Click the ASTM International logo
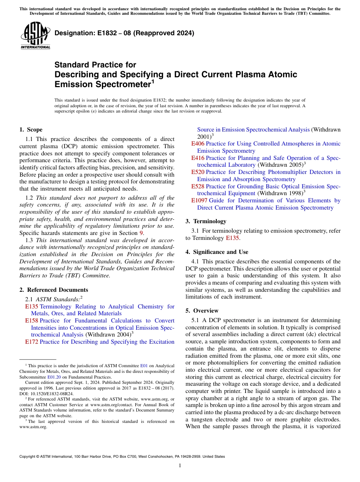[35, 36]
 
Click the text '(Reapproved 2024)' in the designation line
[165, 33]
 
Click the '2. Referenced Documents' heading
[53, 290]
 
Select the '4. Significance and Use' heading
[217, 252]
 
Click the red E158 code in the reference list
[31, 321]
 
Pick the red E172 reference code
[31, 342]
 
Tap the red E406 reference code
[197, 144]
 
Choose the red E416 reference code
[197, 158]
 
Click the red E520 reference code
[197, 172]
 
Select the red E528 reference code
[197, 186]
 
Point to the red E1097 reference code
[199, 200]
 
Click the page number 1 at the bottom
[180, 466]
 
